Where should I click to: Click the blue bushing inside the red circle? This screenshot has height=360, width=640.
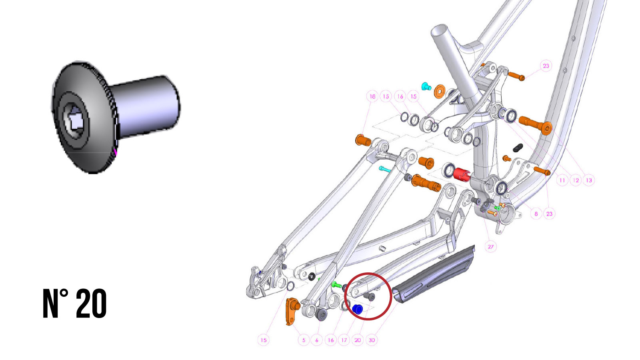(357, 310)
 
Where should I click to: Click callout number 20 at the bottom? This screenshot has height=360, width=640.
(357, 340)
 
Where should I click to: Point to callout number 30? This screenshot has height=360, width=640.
(372, 340)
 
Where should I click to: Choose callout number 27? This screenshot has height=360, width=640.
(490, 247)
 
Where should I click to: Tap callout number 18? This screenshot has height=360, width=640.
(372, 96)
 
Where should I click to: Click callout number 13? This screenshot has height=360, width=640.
(589, 180)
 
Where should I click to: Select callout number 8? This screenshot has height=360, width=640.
(536, 214)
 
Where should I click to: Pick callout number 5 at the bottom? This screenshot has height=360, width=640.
(304, 340)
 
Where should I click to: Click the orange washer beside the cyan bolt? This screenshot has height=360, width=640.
(440, 91)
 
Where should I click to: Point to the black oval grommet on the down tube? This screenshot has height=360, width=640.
(518, 148)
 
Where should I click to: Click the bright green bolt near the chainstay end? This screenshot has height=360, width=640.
(336, 285)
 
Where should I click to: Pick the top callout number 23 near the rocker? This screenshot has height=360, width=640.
(546, 66)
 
